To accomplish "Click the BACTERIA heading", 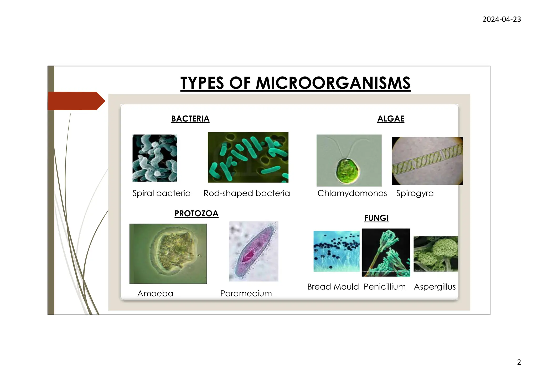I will tap(190, 119).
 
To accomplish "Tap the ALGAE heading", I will tap(391, 119).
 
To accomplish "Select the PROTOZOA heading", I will tap(196, 213).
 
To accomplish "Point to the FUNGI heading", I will tap(376, 218).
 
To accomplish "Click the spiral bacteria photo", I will tap(155, 158).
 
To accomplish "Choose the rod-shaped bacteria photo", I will tap(248, 157).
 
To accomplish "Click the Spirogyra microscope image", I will tap(427, 161).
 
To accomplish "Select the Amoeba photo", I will tap(168, 254).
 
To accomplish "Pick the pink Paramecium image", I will tap(254, 251).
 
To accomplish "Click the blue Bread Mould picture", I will tap(337, 251).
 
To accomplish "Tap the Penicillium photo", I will tap(386, 252).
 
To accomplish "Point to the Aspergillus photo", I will tap(436, 254).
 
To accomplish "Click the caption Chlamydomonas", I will tap(352, 193).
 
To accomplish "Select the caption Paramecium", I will tap(246, 293).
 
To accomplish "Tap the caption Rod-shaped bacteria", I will tap(247, 193).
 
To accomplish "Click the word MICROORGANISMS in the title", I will tap(333, 83).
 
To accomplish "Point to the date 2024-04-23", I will tap(501, 19).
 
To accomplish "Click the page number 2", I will tap(519, 362).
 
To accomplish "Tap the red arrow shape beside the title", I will tap(76, 101).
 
